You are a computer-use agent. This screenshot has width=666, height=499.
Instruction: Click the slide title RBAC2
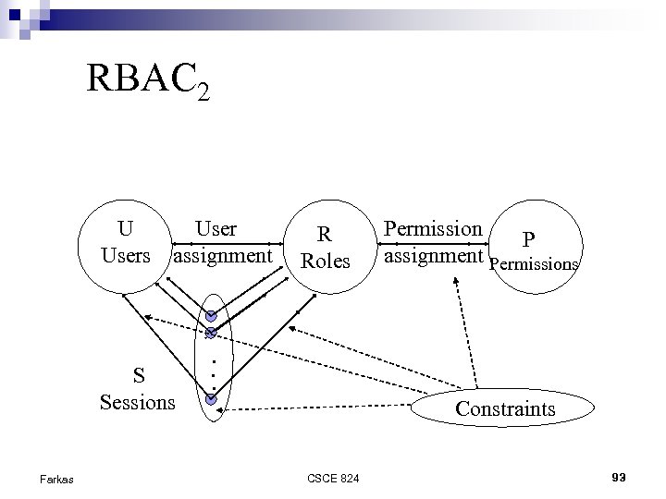click(148, 80)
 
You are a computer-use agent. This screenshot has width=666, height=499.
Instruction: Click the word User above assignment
click(216, 228)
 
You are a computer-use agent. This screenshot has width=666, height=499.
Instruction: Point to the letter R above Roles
click(325, 235)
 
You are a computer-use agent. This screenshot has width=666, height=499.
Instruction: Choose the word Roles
click(326, 262)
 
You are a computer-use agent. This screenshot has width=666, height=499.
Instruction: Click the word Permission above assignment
click(433, 228)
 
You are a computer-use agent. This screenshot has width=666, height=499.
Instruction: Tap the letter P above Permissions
click(529, 240)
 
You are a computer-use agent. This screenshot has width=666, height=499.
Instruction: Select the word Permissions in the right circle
click(534, 264)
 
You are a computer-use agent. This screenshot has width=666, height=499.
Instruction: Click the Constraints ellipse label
click(505, 408)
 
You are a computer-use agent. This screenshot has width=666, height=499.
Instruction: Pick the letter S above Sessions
click(138, 375)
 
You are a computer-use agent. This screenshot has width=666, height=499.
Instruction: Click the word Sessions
click(137, 402)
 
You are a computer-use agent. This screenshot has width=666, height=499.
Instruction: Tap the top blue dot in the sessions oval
click(211, 316)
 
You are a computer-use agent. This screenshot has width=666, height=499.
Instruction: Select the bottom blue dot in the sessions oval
click(211, 399)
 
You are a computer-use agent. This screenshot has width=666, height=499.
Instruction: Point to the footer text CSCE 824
click(333, 478)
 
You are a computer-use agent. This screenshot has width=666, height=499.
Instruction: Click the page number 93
click(619, 477)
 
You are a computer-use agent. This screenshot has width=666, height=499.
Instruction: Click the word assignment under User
click(223, 254)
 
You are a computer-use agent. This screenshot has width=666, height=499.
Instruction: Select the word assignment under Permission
click(434, 254)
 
